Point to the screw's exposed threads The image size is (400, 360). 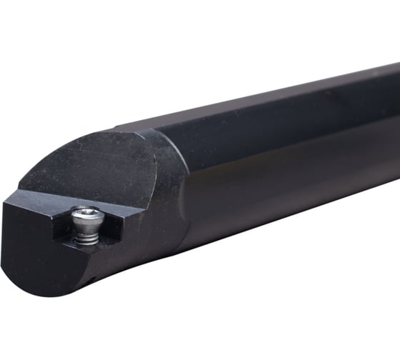[x=86, y=234]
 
